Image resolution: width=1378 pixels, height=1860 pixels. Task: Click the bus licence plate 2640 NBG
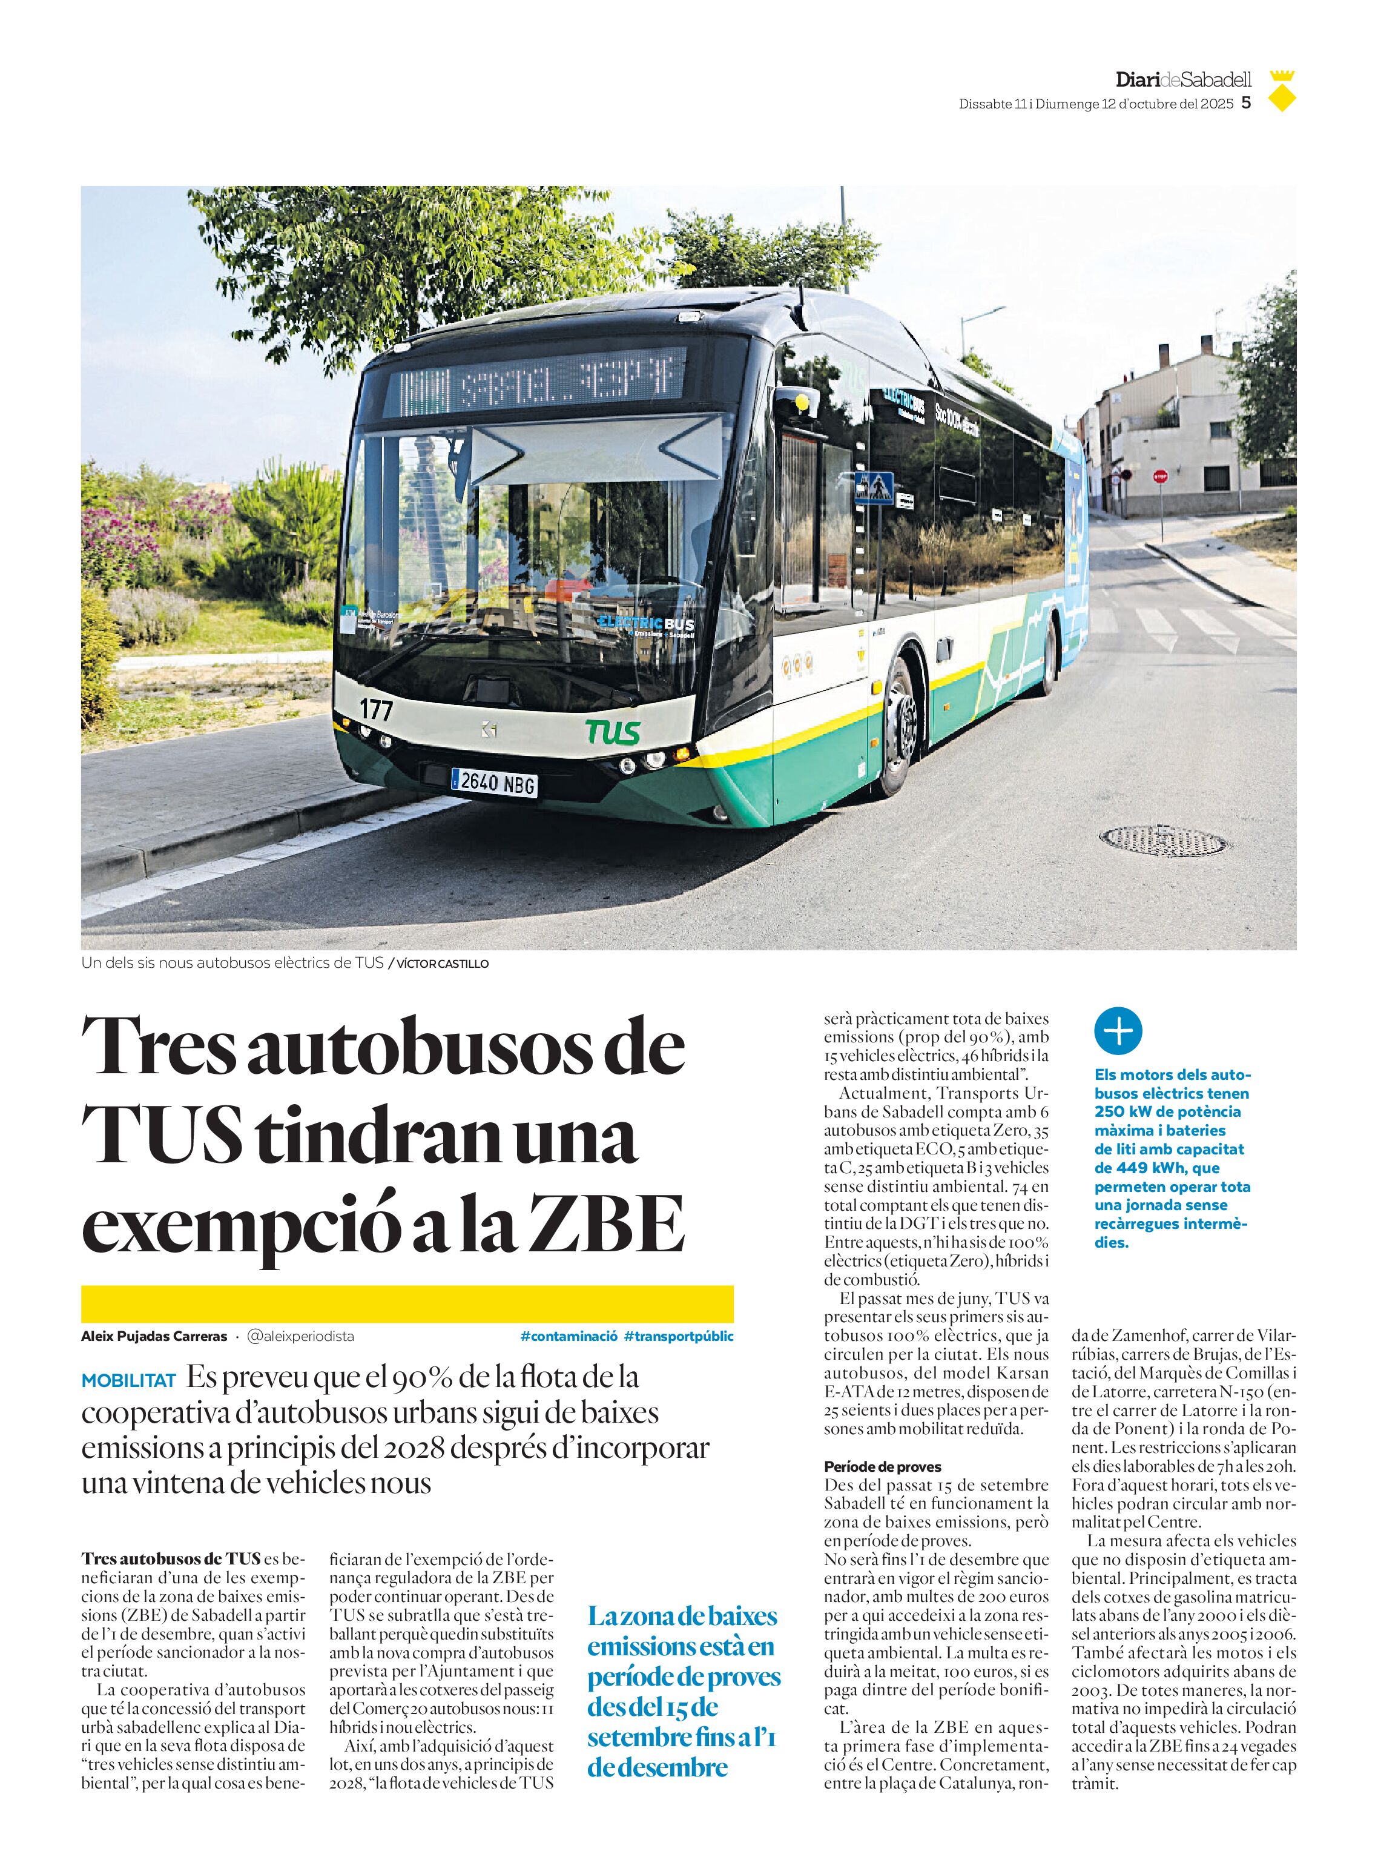click(x=494, y=782)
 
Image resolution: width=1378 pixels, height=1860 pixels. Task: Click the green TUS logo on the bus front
click(x=613, y=731)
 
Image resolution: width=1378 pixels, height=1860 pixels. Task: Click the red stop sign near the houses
click(x=1159, y=477)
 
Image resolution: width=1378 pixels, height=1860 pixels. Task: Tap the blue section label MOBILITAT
click(x=128, y=1381)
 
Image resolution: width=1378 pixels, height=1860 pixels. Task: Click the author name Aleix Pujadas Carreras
click(x=154, y=1336)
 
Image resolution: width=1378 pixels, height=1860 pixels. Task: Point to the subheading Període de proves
click(x=883, y=1466)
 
